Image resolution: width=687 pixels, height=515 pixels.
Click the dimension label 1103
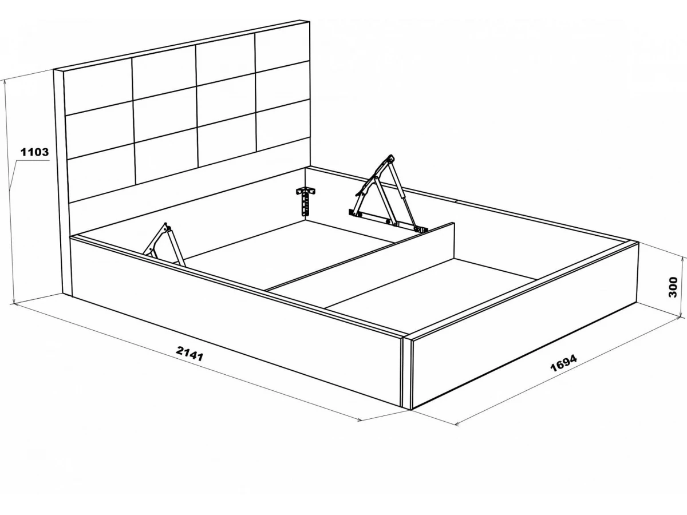(35, 152)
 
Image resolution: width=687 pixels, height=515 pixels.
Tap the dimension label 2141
(189, 352)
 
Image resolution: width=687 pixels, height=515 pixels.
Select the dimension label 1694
(563, 363)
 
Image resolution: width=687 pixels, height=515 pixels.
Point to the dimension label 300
(673, 287)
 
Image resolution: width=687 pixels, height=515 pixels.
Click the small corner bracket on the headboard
(306, 201)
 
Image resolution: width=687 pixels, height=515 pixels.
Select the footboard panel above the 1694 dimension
(524, 325)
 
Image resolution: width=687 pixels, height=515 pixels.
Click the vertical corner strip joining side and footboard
(407, 373)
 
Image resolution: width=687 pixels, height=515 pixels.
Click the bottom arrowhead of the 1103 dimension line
(13, 300)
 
